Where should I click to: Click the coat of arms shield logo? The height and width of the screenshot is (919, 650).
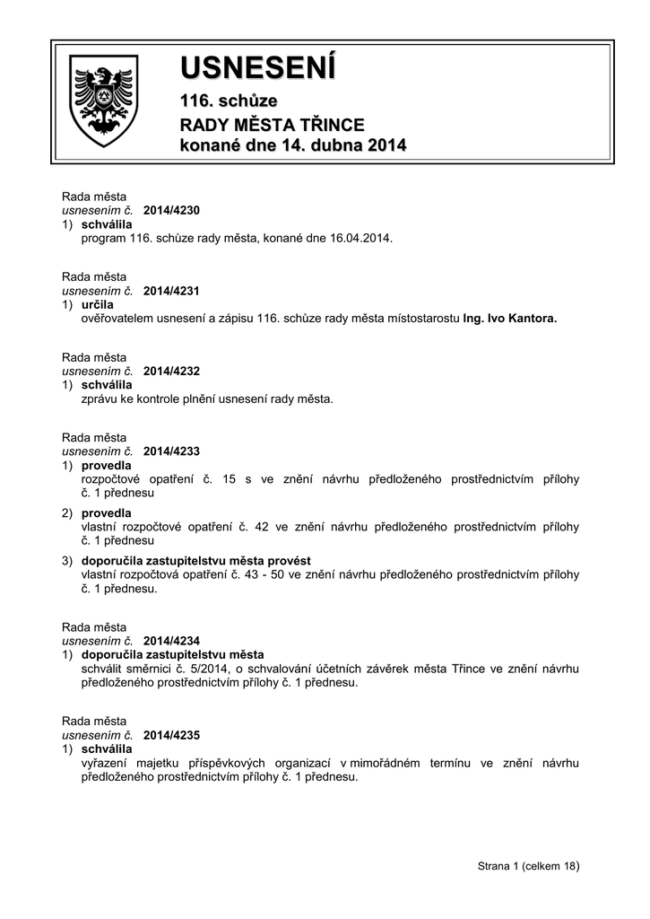coord(104,101)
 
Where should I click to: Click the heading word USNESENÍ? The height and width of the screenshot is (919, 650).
coord(258,67)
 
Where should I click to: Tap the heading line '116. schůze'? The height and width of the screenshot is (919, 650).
coord(230,101)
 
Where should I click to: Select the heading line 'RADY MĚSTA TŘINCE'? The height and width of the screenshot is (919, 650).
coord(273,124)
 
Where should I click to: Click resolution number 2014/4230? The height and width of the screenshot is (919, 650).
coord(171,210)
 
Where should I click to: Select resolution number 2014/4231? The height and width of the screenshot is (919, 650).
coord(171,291)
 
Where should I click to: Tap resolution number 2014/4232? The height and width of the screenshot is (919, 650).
coord(171,371)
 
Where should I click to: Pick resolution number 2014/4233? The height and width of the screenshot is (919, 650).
coord(171,451)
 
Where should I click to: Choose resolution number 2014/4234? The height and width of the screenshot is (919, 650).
coord(171,641)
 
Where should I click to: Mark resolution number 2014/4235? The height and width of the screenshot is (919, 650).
coord(171,734)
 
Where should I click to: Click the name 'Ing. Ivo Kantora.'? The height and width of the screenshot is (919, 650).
coord(509,319)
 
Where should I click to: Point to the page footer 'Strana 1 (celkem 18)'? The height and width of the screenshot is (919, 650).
coord(529,866)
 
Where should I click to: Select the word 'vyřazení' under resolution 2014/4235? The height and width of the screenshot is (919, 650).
coord(103,763)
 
